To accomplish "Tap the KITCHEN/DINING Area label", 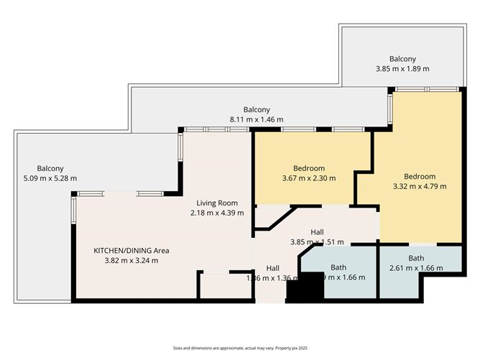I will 131,250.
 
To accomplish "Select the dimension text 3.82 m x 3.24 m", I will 131,260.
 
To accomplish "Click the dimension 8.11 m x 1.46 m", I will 256,119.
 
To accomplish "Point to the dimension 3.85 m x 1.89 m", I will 402,69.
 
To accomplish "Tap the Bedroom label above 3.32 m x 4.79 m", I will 419,176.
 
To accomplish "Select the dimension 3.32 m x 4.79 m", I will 420,186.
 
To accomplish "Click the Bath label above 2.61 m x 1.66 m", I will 416,258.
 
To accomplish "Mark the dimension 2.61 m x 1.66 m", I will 416,268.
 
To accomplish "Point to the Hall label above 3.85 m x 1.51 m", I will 317,231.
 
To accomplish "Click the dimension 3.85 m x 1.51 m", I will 317,241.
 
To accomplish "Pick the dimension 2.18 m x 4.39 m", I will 217,213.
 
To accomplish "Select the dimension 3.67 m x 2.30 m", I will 309,177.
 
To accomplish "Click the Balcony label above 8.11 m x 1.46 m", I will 256,109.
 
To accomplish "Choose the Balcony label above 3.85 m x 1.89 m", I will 402,59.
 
